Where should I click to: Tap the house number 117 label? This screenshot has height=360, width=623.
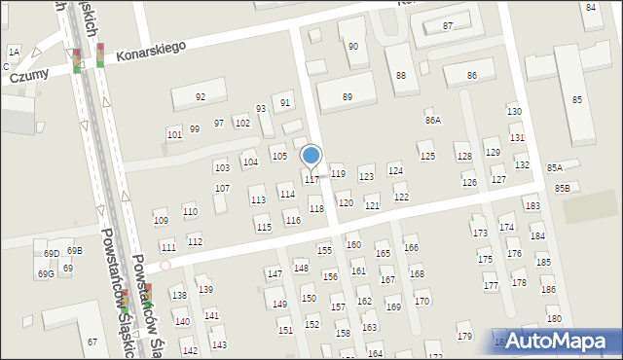pyautogui.click(x=311, y=180)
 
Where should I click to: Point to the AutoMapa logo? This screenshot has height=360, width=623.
pyautogui.click(x=560, y=341)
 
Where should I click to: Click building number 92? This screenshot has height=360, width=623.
pyautogui.click(x=201, y=96)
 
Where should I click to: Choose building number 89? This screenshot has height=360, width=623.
pyautogui.click(x=348, y=96)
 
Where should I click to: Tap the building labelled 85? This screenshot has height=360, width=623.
pyautogui.click(x=577, y=99)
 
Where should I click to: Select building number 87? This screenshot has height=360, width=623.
pyautogui.click(x=448, y=25)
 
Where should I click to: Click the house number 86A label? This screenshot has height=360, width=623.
pyautogui.click(x=432, y=120)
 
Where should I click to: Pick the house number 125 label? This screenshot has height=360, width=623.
pyautogui.click(x=426, y=156)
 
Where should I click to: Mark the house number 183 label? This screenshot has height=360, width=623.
pyautogui.click(x=531, y=206)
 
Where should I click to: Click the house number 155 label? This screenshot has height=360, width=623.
pyautogui.click(x=324, y=250)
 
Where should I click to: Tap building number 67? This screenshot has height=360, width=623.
pyautogui.click(x=92, y=342)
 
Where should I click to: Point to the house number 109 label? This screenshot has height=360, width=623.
pyautogui.click(x=161, y=220)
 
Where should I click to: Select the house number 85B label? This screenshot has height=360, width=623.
pyautogui.click(x=563, y=188)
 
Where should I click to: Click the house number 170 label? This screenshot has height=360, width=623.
pyautogui.click(x=421, y=301)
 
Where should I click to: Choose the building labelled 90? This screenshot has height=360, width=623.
pyautogui.click(x=352, y=46)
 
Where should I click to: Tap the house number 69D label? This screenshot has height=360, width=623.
pyautogui.click(x=51, y=253)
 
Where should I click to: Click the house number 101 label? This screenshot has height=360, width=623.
pyautogui.click(x=174, y=134)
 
